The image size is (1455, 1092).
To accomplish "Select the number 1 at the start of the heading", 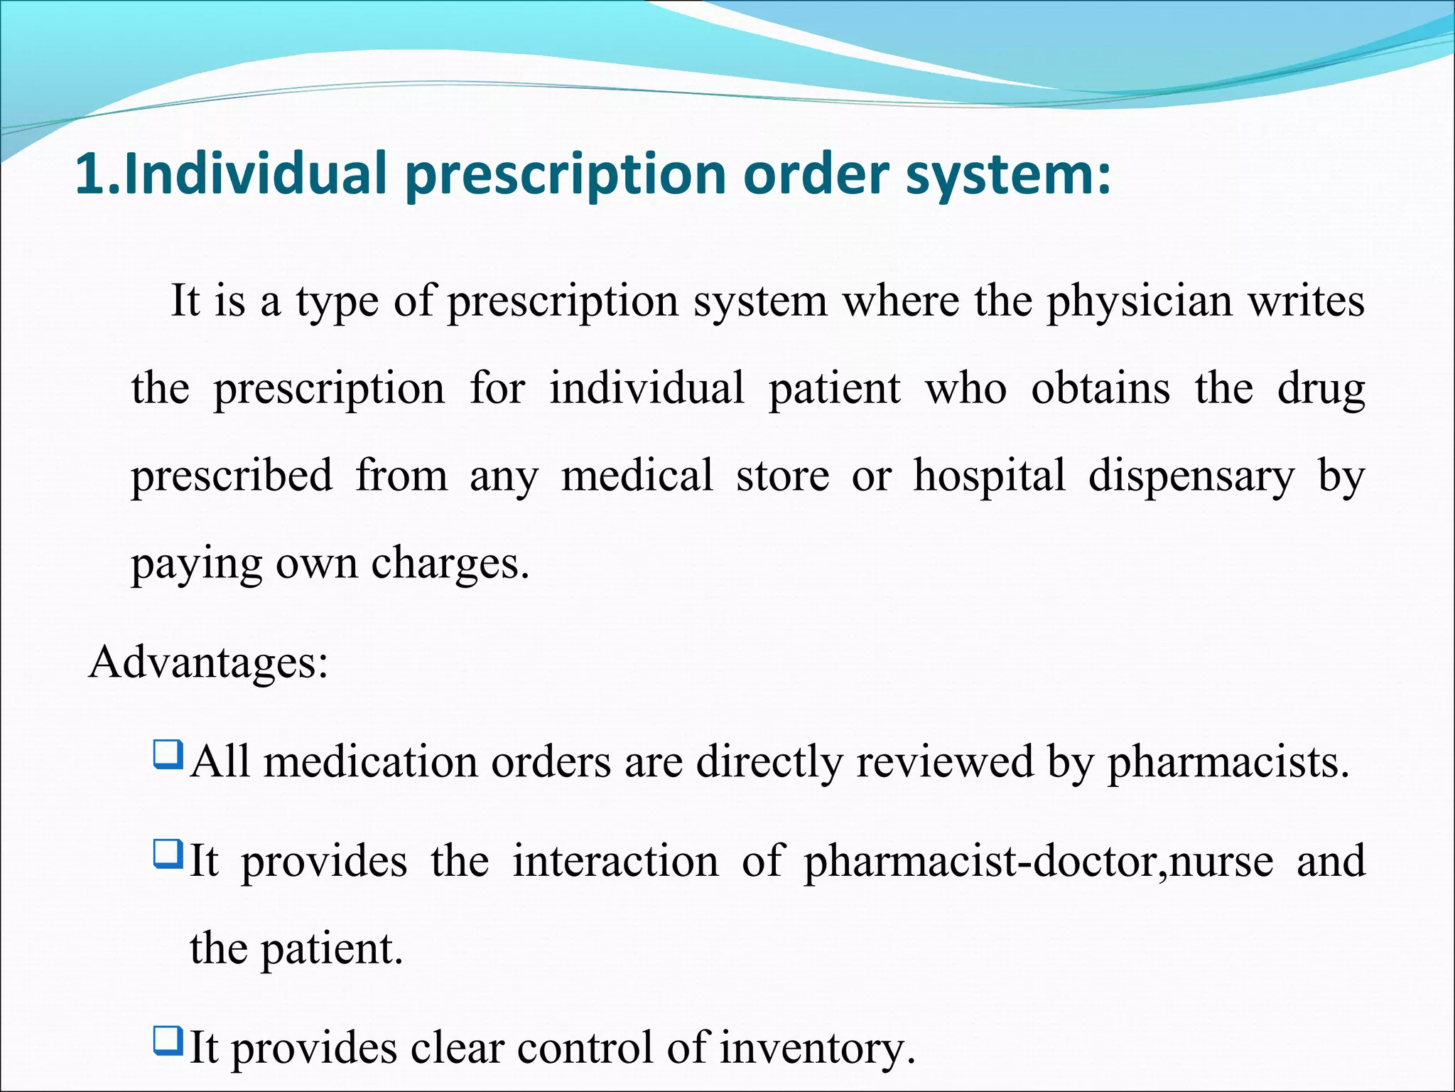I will tap(90, 173).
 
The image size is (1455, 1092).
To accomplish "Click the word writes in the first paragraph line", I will tap(1306, 301).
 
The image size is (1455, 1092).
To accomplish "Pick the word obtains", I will tap(1100, 388).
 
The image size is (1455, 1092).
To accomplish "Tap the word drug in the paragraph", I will tap(1321, 390).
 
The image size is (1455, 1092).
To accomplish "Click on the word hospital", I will tap(989, 476).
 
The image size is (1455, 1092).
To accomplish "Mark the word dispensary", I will tap(1191, 476).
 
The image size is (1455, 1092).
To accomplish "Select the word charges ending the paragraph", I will tap(449, 564).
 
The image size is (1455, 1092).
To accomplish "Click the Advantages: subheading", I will tap(208, 663).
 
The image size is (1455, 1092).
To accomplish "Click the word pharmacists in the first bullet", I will tap(1227, 762).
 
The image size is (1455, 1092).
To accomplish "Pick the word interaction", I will tap(615, 861).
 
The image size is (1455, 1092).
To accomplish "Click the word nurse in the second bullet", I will tap(1221, 862).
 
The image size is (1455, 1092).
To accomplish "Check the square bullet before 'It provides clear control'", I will tap(168, 1040).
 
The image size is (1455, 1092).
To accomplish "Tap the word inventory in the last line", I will tap(816, 1049).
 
